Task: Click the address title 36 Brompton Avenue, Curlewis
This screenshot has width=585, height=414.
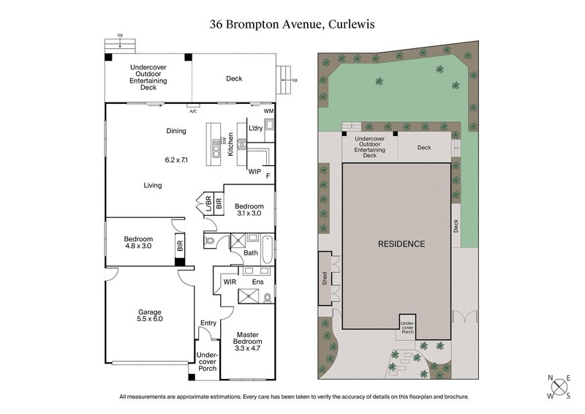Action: pos(292,23)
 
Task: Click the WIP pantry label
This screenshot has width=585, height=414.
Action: pos(254,172)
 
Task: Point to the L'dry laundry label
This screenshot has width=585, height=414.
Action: pos(256,128)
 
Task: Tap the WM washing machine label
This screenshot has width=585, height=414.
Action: pos(269,110)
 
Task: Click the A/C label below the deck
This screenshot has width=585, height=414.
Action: pos(193,111)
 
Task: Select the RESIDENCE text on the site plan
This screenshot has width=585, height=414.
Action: pos(401,244)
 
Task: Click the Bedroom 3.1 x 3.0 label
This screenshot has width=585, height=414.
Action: pos(249,210)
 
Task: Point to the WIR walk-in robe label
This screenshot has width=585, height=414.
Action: pos(230,281)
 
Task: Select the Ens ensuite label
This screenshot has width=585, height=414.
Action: pos(257,281)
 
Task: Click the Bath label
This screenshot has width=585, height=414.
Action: pos(251,253)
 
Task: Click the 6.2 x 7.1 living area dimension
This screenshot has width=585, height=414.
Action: pos(177,159)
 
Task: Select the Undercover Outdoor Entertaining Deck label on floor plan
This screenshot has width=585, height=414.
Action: pos(148,77)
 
